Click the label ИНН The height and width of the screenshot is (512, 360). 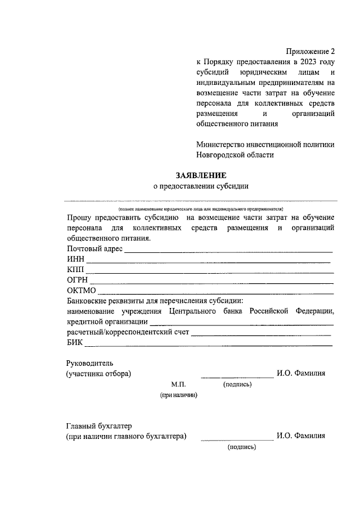[75, 259]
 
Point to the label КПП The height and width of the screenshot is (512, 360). [75, 270]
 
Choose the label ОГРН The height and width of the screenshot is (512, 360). [78, 280]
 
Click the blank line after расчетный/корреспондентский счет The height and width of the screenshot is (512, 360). [262, 336]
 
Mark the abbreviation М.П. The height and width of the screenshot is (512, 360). [178, 384]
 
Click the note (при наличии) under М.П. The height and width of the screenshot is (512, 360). [179, 396]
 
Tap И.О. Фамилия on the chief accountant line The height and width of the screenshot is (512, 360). [301, 436]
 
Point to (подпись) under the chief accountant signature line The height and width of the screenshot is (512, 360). [242, 447]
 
